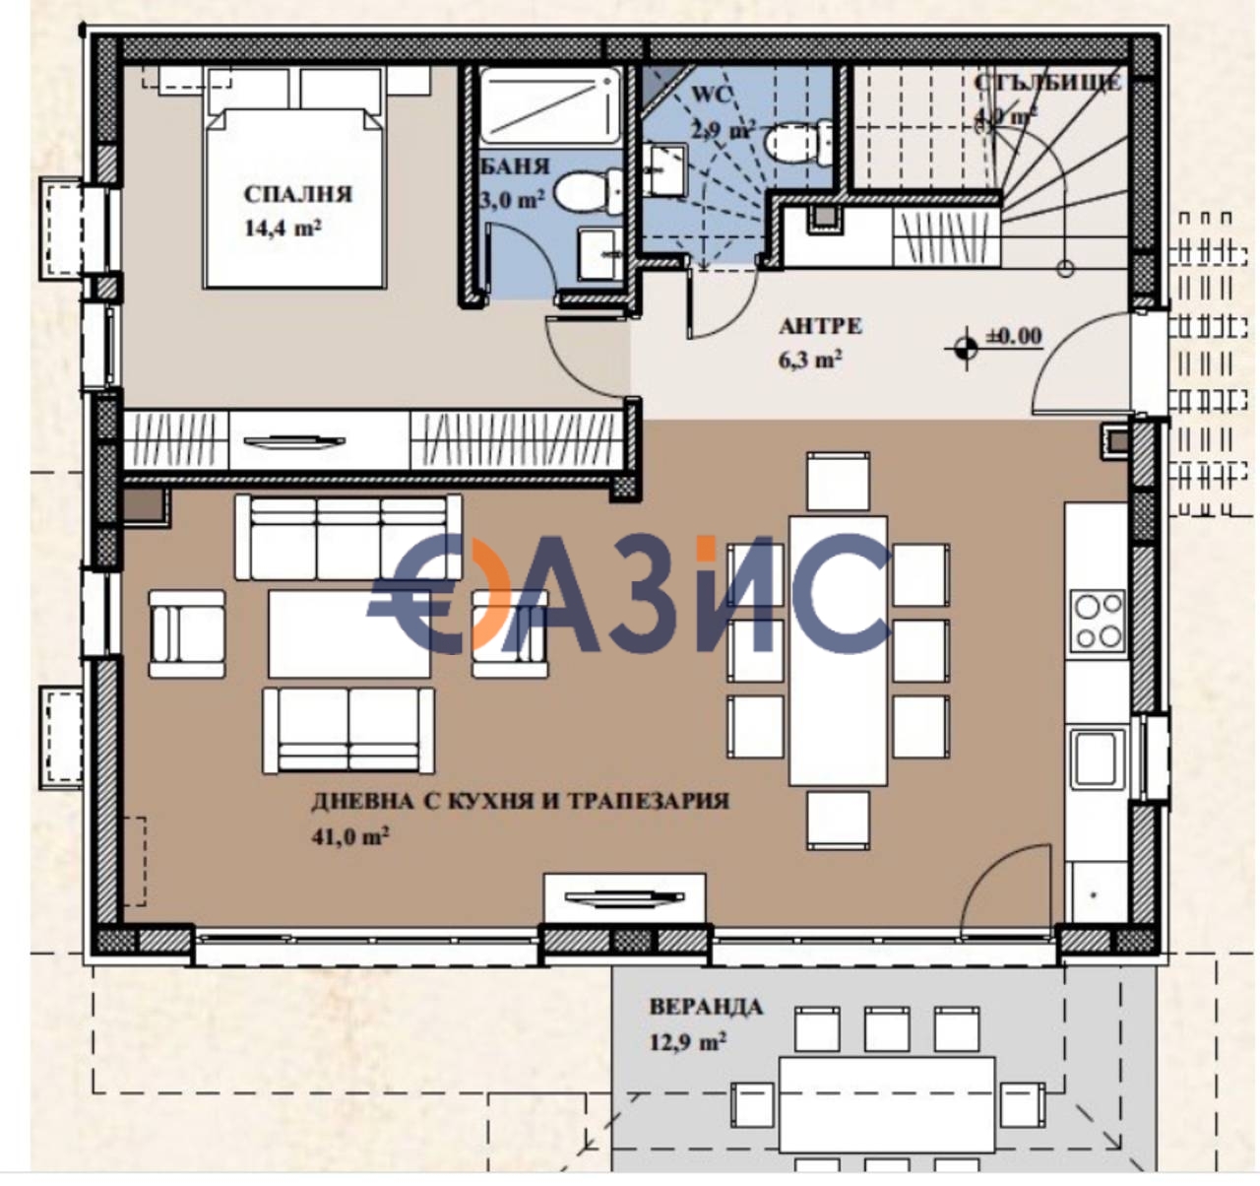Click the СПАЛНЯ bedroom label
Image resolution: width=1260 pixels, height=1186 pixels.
click(297, 194)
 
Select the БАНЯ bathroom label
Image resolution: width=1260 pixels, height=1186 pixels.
click(515, 166)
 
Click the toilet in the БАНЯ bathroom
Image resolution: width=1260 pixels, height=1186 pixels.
click(588, 191)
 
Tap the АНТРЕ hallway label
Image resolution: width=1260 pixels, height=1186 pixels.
click(820, 326)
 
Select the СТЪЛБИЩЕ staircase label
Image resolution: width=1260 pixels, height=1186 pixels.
click(1047, 83)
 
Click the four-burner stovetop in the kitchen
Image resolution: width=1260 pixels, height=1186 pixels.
click(1098, 621)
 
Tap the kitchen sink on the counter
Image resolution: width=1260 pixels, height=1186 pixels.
click(1098, 758)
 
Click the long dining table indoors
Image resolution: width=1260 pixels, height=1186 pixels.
click(838, 650)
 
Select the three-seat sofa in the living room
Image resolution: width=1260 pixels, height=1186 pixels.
click(348, 538)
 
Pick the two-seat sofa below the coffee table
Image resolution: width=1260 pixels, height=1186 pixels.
click(348, 730)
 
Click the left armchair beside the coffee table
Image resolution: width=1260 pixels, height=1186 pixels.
click(186, 633)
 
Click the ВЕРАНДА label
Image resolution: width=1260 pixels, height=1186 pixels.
click(705, 1007)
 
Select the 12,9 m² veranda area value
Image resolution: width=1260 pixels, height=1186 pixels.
click(687, 1041)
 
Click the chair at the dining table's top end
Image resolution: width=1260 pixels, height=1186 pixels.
click(838, 481)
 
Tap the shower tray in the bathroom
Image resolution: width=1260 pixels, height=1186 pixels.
click(550, 105)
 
